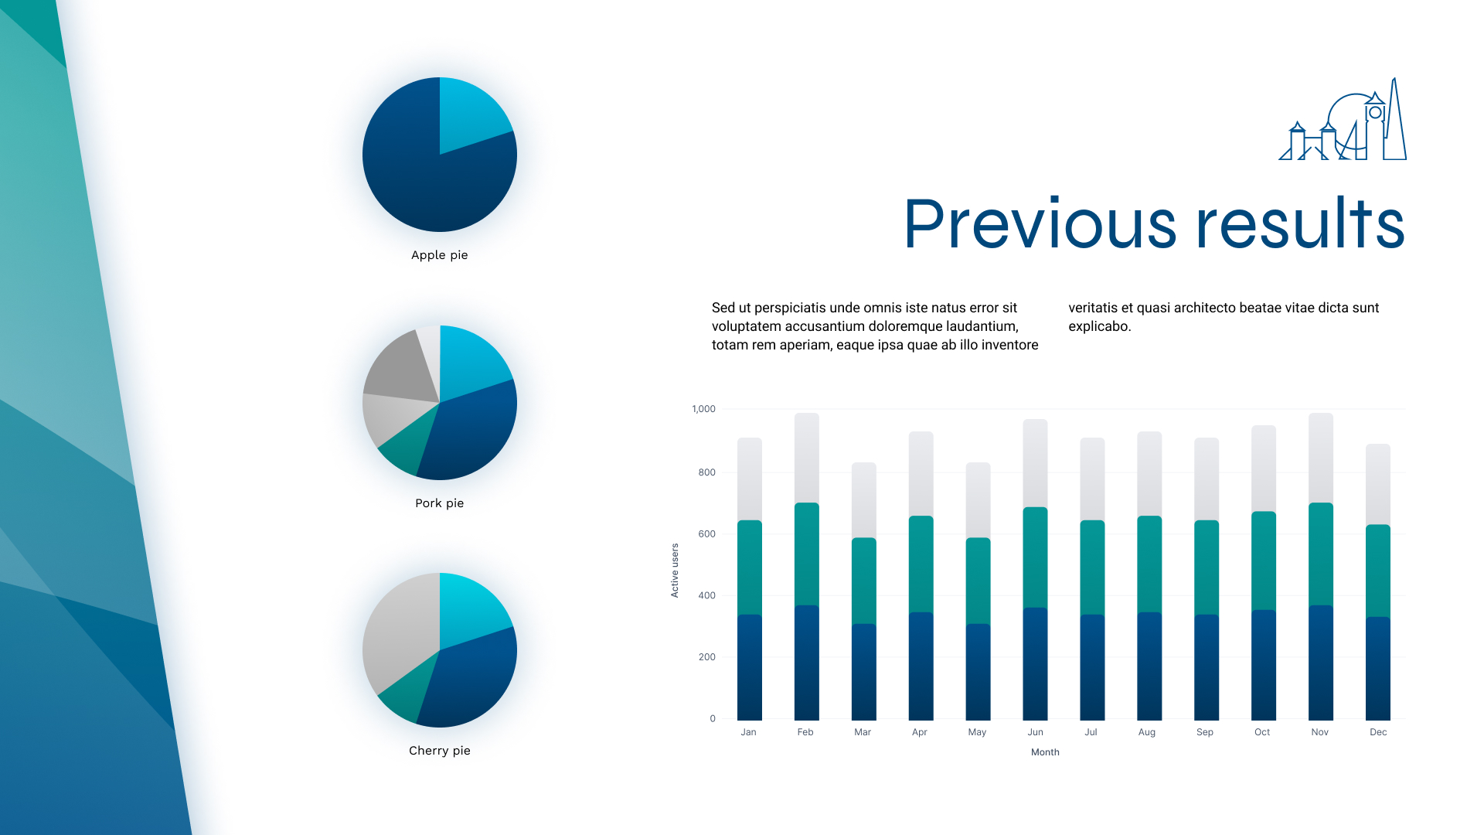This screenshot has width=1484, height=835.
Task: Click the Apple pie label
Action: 439,255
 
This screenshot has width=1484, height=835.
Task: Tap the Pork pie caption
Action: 439,503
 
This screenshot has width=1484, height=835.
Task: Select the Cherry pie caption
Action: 439,751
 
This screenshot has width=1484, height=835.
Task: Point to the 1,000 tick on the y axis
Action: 703,409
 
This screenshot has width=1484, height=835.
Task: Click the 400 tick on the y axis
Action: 706,595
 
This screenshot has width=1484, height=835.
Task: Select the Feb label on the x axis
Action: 805,732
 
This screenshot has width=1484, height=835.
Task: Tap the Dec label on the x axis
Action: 1378,732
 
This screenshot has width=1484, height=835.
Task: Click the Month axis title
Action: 1045,752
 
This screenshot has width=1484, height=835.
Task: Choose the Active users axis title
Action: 675,571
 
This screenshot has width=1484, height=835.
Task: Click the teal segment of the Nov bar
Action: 1320,554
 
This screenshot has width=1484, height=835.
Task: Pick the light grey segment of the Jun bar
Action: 1035,463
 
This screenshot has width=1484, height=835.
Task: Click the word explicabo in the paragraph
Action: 1098,326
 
